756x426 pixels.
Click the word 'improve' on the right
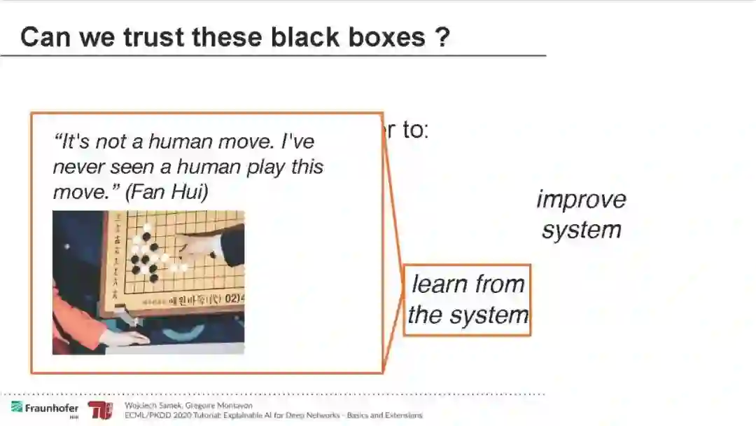[581, 200]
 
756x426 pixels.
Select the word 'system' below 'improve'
[581, 230]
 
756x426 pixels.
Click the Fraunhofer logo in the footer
[45, 408]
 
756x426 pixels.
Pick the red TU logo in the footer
[99, 411]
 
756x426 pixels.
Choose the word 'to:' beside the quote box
[414, 130]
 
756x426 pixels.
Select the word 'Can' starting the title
[45, 37]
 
